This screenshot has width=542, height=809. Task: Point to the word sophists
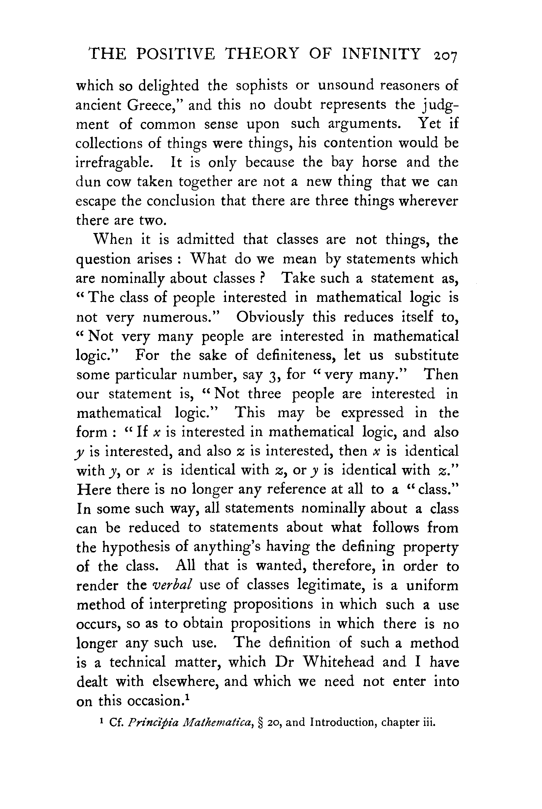(261, 85)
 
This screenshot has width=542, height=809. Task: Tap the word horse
(379, 162)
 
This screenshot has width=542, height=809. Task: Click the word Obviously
(270, 317)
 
